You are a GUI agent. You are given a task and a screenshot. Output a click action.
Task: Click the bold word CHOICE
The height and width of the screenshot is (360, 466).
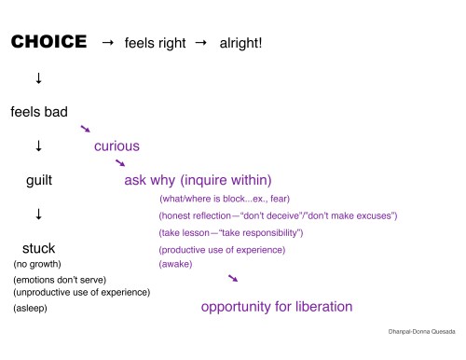[x=48, y=43]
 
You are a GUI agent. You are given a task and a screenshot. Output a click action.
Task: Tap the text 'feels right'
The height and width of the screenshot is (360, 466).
[x=155, y=44]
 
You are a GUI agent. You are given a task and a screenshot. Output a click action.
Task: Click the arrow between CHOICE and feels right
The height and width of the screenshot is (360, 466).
[x=107, y=43]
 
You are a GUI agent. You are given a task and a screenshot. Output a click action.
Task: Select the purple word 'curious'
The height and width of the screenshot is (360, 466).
[x=116, y=145]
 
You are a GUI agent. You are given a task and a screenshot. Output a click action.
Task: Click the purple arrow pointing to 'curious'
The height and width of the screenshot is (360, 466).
[x=86, y=129]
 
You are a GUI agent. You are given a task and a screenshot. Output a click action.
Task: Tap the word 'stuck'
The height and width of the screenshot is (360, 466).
[x=38, y=248]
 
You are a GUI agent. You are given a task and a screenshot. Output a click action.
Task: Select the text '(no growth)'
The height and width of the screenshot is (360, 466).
[x=37, y=264]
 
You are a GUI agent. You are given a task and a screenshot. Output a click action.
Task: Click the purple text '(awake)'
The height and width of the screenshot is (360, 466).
[x=176, y=264]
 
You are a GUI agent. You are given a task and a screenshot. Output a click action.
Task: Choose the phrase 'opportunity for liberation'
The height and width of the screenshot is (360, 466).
[x=277, y=306]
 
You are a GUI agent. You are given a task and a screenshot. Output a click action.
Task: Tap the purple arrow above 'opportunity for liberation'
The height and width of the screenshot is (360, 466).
[x=233, y=278]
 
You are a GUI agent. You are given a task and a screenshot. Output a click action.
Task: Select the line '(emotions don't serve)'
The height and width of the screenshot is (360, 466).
[x=59, y=280]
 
